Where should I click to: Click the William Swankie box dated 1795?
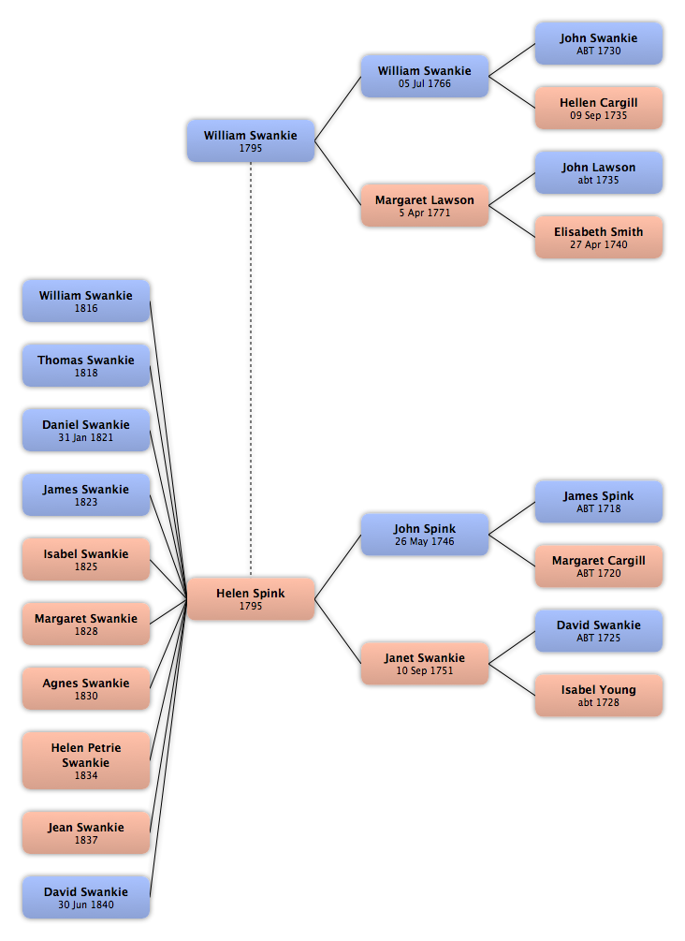251,140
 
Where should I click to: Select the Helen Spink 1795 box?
251,598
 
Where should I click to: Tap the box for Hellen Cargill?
599,108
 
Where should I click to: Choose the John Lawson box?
599,173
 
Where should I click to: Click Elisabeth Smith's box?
599,237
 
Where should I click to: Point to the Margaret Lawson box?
425,205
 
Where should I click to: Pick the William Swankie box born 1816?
86,301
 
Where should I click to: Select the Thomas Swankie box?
86,365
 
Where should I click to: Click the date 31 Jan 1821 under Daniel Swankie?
86,437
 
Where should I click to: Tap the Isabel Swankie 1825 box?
86,559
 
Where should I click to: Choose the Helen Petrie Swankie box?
86,760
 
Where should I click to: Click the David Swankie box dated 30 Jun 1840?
86,897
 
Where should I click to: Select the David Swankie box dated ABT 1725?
599,631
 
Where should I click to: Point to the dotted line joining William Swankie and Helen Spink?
251,369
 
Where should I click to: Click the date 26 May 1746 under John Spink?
425,541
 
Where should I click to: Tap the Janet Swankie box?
425,663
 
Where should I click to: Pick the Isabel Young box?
599,695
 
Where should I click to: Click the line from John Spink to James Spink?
512,518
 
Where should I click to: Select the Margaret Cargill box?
599,566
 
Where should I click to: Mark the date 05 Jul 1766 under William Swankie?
425,83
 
